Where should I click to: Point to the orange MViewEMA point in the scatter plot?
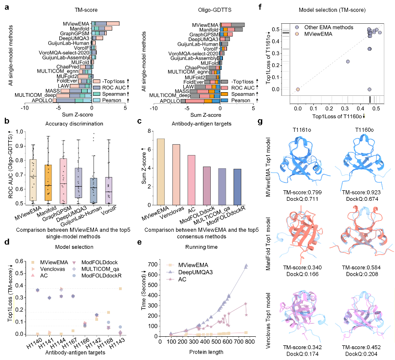coord(298,89)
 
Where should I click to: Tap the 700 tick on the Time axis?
coord(154,264)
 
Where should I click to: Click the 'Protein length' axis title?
coord(207,351)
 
